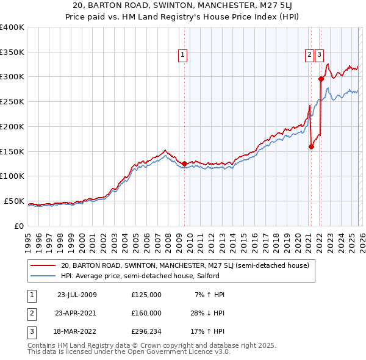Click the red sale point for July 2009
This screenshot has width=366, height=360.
coord(184,164)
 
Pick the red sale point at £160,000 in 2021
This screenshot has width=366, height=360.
coord(311,146)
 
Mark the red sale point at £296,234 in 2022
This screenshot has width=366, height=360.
coord(321,78)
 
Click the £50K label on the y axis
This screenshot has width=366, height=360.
coord(14,201)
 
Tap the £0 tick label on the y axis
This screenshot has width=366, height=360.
coord(18,226)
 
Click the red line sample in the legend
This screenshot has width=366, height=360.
coord(43,265)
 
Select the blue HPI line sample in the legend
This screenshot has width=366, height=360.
coord(43,276)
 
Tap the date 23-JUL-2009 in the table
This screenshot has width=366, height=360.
coord(77,295)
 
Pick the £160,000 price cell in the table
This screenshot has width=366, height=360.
coord(146,313)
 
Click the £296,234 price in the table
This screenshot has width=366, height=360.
coord(146,331)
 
